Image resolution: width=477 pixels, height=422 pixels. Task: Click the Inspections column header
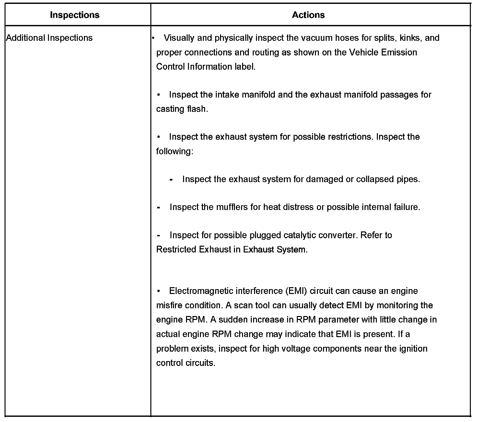[x=75, y=15]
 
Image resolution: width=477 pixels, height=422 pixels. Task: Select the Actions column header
[x=308, y=15]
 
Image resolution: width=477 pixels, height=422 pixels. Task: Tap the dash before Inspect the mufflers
[x=158, y=207]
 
